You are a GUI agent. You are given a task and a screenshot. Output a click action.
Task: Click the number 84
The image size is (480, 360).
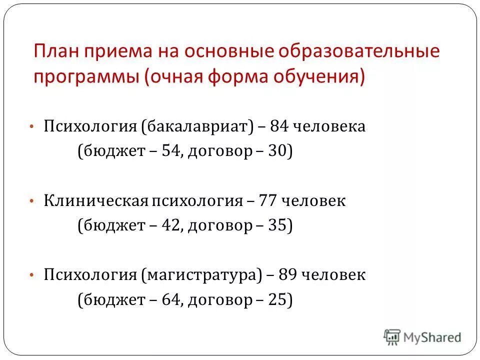tap(278, 126)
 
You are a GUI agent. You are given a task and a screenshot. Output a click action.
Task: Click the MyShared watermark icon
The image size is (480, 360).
tap(392, 337)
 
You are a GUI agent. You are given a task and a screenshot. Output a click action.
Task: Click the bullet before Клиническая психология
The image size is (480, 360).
tap(31, 201)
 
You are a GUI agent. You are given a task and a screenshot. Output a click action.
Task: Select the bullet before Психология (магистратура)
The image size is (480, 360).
tap(31, 275)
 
